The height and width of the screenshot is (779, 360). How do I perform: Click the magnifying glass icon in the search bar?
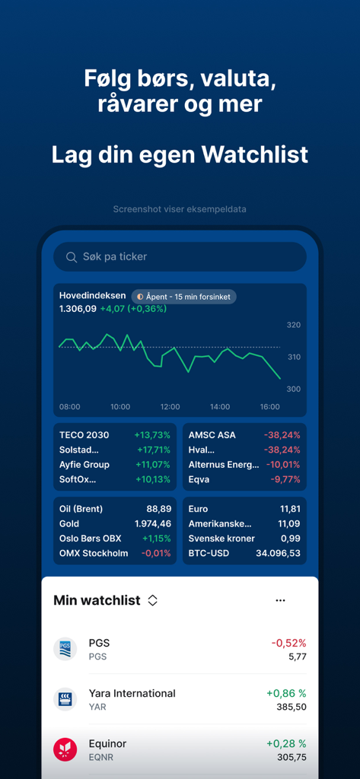[x=72, y=257]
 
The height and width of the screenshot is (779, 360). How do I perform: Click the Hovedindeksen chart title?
[x=93, y=296]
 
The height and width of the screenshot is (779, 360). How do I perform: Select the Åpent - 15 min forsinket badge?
[x=183, y=297]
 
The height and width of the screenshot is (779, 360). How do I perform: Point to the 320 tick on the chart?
[x=293, y=326]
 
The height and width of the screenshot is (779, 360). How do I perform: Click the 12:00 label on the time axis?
[x=170, y=407]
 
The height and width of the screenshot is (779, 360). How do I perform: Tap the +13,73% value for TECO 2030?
[x=152, y=435]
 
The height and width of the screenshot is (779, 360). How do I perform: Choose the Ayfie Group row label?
[x=84, y=465]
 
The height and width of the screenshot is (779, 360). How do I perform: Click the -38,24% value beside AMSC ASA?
[x=282, y=435]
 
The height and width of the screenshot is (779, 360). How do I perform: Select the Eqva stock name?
[x=199, y=479]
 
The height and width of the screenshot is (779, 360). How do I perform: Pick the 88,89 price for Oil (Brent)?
[x=158, y=509]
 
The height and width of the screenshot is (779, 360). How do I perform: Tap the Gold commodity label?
[x=69, y=524]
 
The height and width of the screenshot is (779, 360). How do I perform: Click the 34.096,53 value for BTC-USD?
[x=277, y=553]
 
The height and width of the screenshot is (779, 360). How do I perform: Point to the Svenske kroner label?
[x=221, y=539]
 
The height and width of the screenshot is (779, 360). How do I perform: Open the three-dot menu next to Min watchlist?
[x=280, y=600]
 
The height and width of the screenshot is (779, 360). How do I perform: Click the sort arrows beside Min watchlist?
[x=152, y=600]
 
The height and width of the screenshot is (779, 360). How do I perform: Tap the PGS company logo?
[x=65, y=649]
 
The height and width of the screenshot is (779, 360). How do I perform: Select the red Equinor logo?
[x=65, y=749]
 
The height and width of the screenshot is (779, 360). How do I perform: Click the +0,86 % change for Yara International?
[x=286, y=694]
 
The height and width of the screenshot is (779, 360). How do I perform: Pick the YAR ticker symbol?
[x=97, y=707]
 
